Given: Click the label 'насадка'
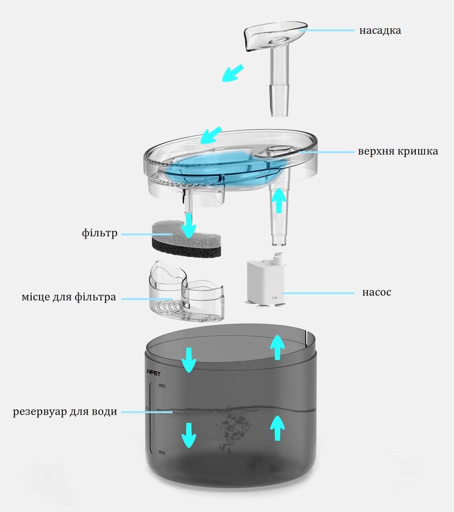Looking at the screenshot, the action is click(x=380, y=30).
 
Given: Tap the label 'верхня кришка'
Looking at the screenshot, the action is click(x=398, y=152).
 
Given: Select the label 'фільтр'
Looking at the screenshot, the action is click(x=100, y=233).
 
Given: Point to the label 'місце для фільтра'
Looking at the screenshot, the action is click(x=69, y=297).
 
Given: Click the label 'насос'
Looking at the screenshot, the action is click(x=377, y=292).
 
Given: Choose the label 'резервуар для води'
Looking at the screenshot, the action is click(x=65, y=412).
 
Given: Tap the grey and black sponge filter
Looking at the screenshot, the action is click(x=186, y=238).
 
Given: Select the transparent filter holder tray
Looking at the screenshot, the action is click(x=186, y=291).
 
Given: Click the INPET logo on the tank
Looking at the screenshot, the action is click(x=153, y=373).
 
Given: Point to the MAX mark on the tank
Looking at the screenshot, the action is click(x=162, y=385).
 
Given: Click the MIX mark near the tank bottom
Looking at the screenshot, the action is click(x=162, y=452).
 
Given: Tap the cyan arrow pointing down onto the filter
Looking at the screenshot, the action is click(x=189, y=226).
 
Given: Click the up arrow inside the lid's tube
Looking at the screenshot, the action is click(x=279, y=200).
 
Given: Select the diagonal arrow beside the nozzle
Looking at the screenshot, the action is click(x=233, y=73).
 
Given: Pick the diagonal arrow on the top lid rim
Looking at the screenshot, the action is click(x=211, y=135).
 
